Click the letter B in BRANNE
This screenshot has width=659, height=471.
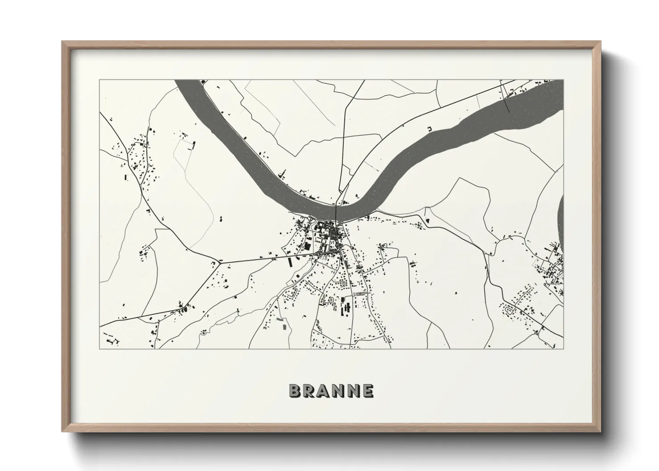295,391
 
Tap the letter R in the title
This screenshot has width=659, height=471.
309,391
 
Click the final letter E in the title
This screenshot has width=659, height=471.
367,391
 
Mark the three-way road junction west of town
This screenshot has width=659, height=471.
219,263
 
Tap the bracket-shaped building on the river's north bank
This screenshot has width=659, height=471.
430,129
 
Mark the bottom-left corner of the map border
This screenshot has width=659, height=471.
100,349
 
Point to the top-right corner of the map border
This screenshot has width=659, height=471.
563,80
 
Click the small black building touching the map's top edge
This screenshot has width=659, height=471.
203,82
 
